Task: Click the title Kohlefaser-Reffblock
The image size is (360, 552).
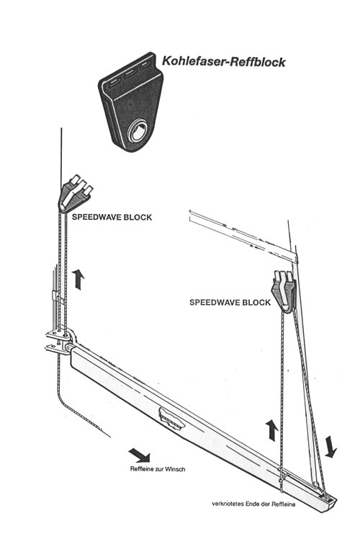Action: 223,61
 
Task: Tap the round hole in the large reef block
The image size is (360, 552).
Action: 138,132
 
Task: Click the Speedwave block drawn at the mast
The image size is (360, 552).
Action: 75,194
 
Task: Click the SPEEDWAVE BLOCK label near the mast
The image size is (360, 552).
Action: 112,217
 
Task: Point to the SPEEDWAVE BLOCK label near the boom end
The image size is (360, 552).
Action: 230,303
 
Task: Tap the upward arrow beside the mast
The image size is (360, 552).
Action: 78,279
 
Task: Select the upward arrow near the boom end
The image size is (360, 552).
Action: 271,429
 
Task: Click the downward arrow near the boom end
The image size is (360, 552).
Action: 330,447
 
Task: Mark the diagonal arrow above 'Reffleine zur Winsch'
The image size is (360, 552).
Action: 140,455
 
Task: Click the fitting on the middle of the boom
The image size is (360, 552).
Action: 171,418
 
